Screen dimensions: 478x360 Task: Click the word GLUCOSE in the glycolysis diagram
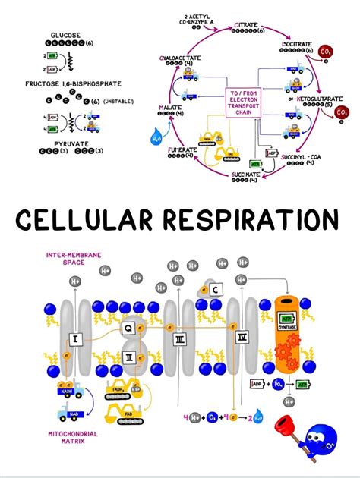coord(65,35)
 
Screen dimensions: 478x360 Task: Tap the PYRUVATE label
coord(65,142)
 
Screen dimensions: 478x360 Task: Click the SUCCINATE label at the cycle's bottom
coord(245,175)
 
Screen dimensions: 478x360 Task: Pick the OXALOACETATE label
coord(182,57)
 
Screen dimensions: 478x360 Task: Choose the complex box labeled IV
coord(242,336)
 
